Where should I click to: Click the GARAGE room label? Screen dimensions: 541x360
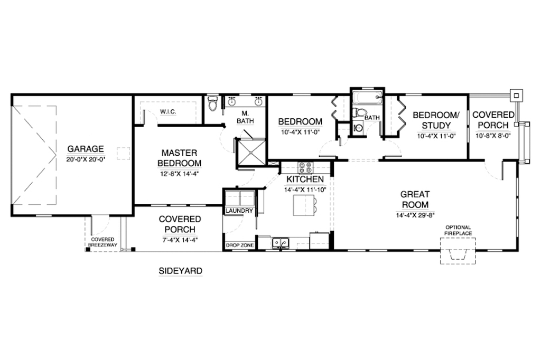pyautogui.click(x=85, y=149)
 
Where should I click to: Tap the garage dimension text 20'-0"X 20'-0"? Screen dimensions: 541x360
pyautogui.click(x=86, y=159)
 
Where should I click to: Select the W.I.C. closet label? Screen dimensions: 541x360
pyautogui.click(x=168, y=112)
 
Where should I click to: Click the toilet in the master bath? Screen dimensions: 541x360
pyautogui.click(x=213, y=103)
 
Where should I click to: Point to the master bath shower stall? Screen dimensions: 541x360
pyautogui.click(x=252, y=153)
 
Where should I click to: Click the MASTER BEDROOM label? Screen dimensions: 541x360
pyautogui.click(x=180, y=158)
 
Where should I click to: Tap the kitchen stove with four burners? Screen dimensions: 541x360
pyautogui.click(x=305, y=167)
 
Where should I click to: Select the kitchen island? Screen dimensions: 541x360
pyautogui.click(x=304, y=205)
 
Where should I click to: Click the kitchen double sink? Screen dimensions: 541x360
pyautogui.click(x=281, y=243)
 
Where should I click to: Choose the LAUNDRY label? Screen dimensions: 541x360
pyautogui.click(x=239, y=210)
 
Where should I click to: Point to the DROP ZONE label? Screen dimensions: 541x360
pyautogui.click(x=240, y=245)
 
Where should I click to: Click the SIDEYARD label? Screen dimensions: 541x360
pyautogui.click(x=181, y=271)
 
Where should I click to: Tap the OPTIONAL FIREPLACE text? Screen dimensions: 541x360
pyautogui.click(x=458, y=230)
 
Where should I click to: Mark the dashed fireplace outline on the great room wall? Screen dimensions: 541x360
pyautogui.click(x=458, y=251)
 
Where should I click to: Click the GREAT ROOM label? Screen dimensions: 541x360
pyautogui.click(x=415, y=200)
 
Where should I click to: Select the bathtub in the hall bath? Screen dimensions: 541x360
pyautogui.click(x=368, y=97)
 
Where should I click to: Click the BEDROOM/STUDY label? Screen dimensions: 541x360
pyautogui.click(x=436, y=120)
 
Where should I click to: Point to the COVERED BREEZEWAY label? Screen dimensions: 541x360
pyautogui.click(x=102, y=242)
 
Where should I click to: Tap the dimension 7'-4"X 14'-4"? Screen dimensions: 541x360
pyautogui.click(x=180, y=240)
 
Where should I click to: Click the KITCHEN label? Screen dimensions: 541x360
pyautogui.click(x=305, y=179)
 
